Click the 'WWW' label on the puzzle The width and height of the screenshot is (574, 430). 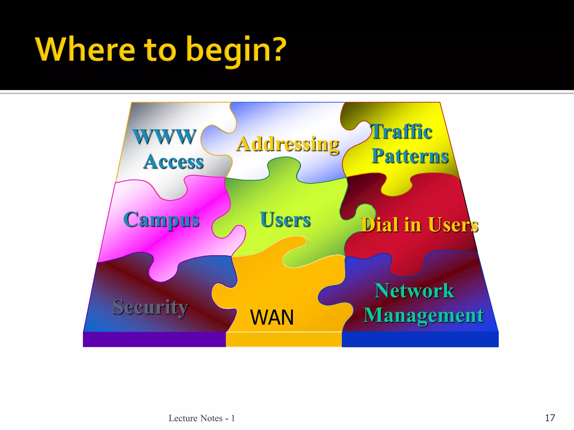pyautogui.click(x=165, y=137)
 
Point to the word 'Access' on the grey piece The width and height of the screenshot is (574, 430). pyautogui.click(x=173, y=162)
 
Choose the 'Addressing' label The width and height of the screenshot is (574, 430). pyautogui.click(x=288, y=144)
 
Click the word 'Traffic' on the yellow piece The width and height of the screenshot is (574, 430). pyautogui.click(x=401, y=132)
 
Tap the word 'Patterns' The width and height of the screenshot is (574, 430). pyautogui.click(x=410, y=156)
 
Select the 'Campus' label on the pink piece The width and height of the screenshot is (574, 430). pyautogui.click(x=161, y=220)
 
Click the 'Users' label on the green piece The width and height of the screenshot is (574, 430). pyautogui.click(x=285, y=219)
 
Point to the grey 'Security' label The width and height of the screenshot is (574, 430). pyautogui.click(x=150, y=307)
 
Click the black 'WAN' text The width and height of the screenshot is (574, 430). pyautogui.click(x=272, y=317)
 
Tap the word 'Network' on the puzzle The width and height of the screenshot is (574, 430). pyautogui.click(x=414, y=291)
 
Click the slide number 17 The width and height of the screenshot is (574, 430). pyautogui.click(x=550, y=418)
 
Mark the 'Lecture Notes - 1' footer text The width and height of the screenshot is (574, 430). pyautogui.click(x=202, y=418)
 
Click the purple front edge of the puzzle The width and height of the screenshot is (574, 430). pyautogui.click(x=154, y=339)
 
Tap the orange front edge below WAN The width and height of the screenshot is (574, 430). pyautogui.click(x=284, y=339)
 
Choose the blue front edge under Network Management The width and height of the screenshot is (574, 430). pyautogui.click(x=420, y=339)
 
